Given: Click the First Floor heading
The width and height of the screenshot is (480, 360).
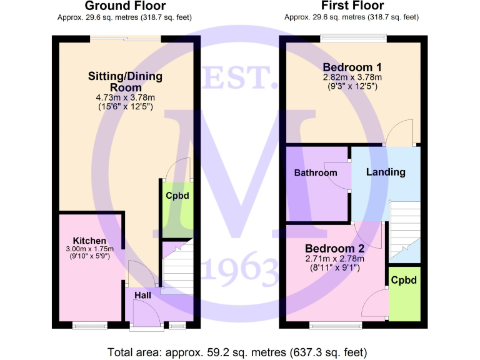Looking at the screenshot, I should point(352,6).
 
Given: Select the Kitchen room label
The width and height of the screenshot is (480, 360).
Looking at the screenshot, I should point(89,241).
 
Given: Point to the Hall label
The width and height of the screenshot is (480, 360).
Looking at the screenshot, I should point(142,294).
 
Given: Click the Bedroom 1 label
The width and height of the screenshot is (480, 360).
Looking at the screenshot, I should point(352,67).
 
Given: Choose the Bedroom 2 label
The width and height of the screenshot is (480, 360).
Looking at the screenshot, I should point(335,248).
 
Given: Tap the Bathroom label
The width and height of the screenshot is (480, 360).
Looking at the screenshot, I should point(316,173).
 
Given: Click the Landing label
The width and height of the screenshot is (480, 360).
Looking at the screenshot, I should point(386,172).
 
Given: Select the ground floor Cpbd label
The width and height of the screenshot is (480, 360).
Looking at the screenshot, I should point(177,196).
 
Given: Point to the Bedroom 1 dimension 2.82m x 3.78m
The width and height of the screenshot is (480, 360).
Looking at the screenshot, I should point(352,77).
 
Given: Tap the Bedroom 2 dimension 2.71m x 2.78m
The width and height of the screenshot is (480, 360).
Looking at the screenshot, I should point(335,259).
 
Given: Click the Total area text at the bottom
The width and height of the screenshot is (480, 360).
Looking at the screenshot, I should point(239,350).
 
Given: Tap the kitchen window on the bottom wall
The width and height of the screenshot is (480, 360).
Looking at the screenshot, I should point(89,325).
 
